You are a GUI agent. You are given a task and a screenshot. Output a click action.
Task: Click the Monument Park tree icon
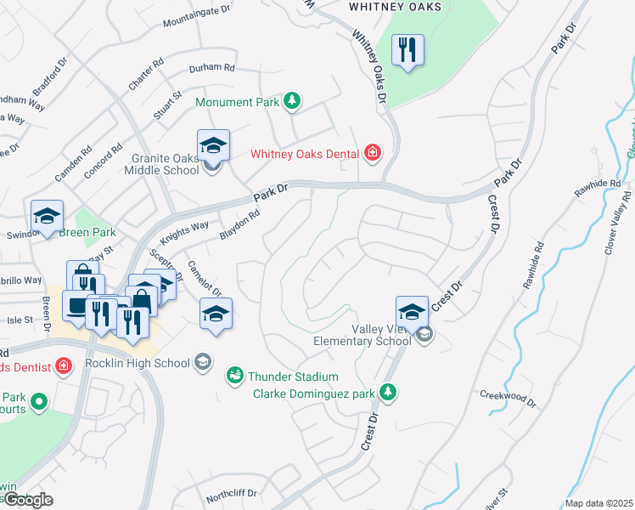(291, 102)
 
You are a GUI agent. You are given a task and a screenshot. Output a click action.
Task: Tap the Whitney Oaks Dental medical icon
(372, 154)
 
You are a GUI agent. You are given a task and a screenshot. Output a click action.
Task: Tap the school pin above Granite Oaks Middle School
(214, 144)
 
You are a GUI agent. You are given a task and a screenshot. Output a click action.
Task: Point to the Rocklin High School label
(138, 364)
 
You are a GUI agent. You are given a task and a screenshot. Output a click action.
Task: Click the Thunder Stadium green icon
(234, 375)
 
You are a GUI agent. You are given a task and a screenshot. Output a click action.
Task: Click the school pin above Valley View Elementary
(412, 311)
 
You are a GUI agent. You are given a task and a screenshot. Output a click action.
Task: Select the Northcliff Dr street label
(231, 496)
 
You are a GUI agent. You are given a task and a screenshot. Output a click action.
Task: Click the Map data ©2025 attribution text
(599, 503)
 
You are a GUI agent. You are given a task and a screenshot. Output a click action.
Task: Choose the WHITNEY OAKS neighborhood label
(396, 7)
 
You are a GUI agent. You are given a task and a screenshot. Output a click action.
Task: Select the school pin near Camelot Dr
(216, 314)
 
